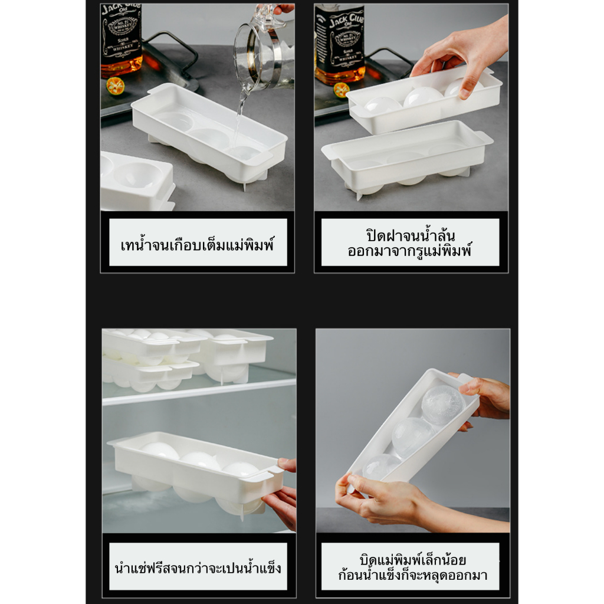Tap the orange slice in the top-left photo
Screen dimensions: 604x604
point(115,86)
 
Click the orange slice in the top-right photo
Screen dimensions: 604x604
point(342,90)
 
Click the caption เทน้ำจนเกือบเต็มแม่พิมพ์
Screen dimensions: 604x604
point(198,245)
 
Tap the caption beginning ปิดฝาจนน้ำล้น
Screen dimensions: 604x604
point(410,242)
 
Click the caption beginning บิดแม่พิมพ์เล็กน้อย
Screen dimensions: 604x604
point(412,567)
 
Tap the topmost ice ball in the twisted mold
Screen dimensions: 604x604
point(443,405)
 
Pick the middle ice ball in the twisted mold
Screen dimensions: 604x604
point(412,437)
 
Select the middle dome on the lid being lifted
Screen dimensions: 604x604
point(423,97)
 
